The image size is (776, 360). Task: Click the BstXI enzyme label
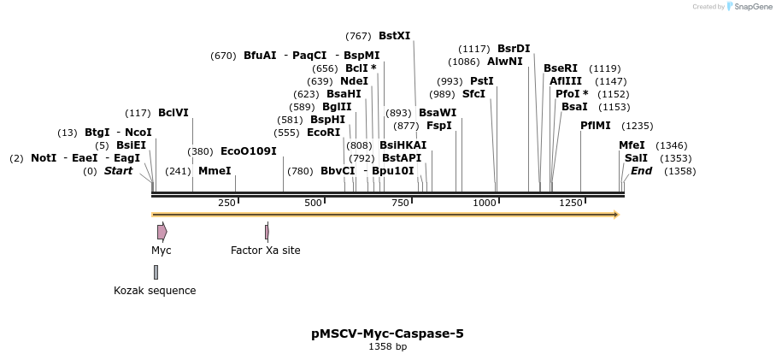[x=394, y=36]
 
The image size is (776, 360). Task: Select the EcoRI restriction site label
[x=323, y=133]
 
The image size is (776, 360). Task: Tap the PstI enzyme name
[x=482, y=81]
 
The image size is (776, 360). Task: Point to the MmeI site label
[x=215, y=171]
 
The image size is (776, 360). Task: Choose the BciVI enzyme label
[x=173, y=113]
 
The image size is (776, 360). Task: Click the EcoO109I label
[x=249, y=151]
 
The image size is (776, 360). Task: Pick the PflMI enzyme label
[x=596, y=126]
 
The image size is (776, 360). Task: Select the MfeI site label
[x=632, y=145]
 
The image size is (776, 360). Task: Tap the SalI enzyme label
[x=636, y=158]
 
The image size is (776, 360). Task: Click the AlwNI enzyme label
[x=504, y=62]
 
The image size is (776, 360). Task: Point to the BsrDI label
[x=514, y=49]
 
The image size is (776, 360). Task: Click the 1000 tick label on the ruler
[x=485, y=203]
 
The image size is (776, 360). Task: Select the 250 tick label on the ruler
[x=226, y=203]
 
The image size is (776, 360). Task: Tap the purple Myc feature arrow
[x=162, y=232]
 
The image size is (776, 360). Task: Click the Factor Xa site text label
[x=265, y=251]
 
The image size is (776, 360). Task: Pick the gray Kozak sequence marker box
[x=156, y=272]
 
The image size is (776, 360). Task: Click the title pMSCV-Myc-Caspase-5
[x=387, y=333]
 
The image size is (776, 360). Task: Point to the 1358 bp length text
[x=387, y=347]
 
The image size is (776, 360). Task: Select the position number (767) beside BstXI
[x=358, y=36]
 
